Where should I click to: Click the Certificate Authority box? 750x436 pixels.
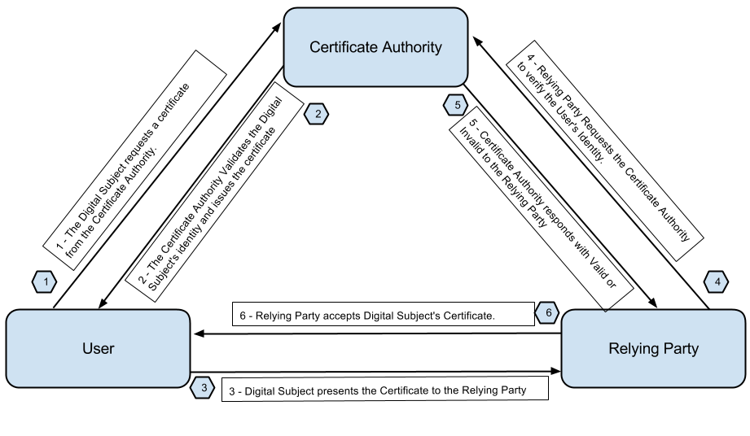click(375, 47)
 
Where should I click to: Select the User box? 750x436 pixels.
click(98, 349)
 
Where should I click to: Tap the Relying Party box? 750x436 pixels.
click(654, 349)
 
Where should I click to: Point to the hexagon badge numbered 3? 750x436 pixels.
click(203, 389)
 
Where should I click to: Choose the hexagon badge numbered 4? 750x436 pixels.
click(717, 282)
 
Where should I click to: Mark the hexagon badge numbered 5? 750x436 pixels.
click(457, 105)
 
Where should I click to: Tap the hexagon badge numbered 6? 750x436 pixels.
click(548, 312)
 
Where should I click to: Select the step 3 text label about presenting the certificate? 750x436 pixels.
click(384, 390)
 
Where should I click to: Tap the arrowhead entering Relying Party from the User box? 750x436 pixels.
click(557, 371)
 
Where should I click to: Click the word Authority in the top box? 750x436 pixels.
click(412, 47)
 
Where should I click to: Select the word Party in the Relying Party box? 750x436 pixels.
click(682, 349)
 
